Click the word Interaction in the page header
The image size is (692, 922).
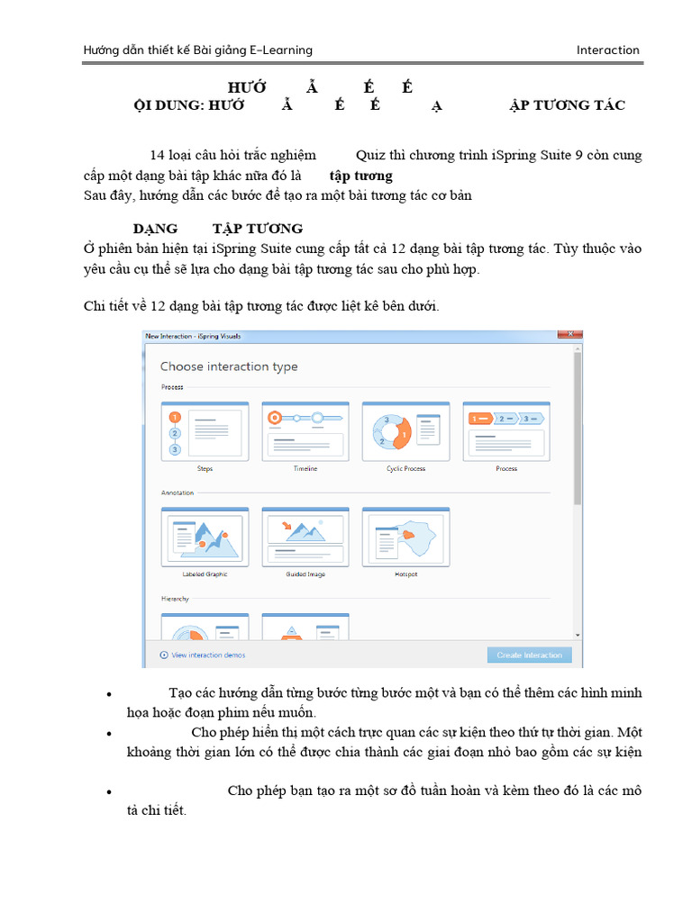click(607, 50)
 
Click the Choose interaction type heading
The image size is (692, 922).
click(229, 366)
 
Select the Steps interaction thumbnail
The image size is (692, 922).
click(205, 431)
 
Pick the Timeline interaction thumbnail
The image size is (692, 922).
click(305, 431)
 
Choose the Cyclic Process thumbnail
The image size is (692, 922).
click(405, 431)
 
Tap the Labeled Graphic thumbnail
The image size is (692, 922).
click(205, 537)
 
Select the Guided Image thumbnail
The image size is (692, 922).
click(305, 537)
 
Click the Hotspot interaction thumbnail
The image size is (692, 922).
click(405, 537)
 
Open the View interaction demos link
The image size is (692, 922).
click(208, 655)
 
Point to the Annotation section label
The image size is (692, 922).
click(178, 493)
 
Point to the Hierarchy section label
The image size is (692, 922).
click(176, 598)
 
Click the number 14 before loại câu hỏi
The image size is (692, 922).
click(158, 155)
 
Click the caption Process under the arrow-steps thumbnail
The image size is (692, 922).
click(506, 469)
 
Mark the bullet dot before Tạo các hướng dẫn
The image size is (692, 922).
click(109, 694)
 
